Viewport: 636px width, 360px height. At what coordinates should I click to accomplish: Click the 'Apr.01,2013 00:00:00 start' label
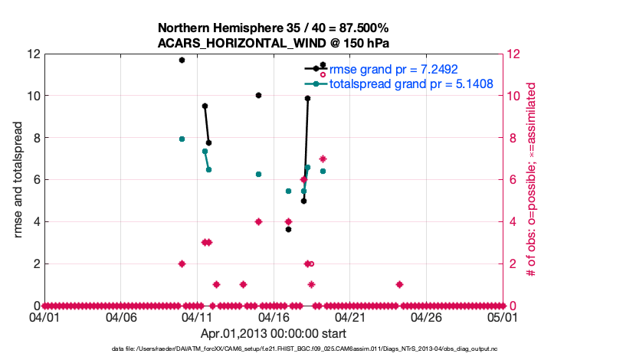[274, 334]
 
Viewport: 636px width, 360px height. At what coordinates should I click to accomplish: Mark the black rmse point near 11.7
[182, 60]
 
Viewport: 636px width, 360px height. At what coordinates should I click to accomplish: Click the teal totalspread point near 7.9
[182, 139]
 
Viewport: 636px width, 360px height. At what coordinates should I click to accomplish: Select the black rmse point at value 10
[258, 96]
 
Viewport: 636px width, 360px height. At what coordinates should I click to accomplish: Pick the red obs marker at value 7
[323, 159]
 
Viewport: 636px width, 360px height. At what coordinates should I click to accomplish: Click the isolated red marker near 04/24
[399, 284]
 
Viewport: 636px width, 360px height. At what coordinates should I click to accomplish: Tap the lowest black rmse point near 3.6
[288, 229]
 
